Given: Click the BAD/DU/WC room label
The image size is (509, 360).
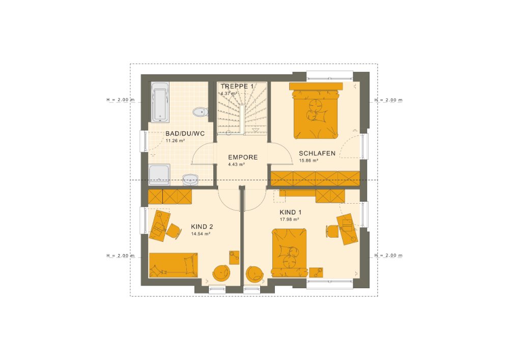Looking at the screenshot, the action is pyautogui.click(x=185, y=134).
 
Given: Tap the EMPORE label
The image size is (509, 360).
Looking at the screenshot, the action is pyautogui.click(x=243, y=157).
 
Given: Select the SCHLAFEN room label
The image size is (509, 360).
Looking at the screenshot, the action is pyautogui.click(x=317, y=154).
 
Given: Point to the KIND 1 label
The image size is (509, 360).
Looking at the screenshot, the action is pyautogui.click(x=291, y=213).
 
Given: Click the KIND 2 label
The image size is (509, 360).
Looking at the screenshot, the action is pyautogui.click(x=202, y=227).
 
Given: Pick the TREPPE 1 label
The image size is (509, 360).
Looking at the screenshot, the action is pyautogui.click(x=237, y=87).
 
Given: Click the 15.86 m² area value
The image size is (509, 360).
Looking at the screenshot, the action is pyautogui.click(x=308, y=160).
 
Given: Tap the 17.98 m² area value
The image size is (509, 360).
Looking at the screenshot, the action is pyautogui.click(x=289, y=219).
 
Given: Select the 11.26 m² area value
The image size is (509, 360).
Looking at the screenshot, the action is pyautogui.click(x=175, y=141).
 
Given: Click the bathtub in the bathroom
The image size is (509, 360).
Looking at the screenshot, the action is pyautogui.click(x=160, y=102).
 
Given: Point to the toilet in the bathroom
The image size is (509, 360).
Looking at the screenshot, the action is pyautogui.click(x=200, y=112).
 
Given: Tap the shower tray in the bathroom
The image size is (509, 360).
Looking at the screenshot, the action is pyautogui.click(x=159, y=175).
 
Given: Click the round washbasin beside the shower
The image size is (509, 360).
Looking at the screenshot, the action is pyautogui.click(x=190, y=180).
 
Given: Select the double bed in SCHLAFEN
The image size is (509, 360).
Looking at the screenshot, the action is pyautogui.click(x=316, y=111).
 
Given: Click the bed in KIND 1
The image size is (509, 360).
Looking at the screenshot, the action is pyautogui.click(x=289, y=253).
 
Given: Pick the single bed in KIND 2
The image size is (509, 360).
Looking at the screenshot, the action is pyautogui.click(x=174, y=265).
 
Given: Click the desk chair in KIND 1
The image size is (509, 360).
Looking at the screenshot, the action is pyautogui.click(x=331, y=231).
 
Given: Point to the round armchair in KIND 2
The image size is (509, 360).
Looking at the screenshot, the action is pyautogui.click(x=221, y=273).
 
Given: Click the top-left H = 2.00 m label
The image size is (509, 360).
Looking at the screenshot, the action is pyautogui.click(x=121, y=100).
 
